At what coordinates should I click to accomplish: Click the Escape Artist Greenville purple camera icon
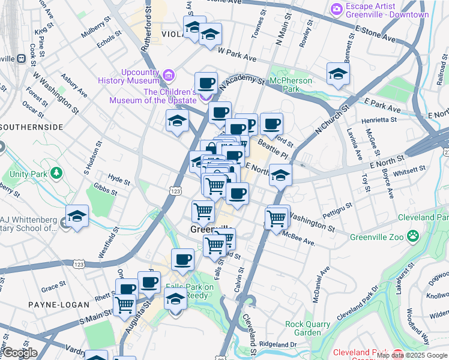[336, 8]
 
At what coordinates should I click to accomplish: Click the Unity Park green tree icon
[56, 174]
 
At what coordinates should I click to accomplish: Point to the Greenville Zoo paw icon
[412, 236]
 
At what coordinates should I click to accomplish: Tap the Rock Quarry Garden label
[307, 328]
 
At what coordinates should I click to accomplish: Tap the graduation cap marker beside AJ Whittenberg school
[77, 215]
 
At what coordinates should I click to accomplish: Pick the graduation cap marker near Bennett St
[338, 74]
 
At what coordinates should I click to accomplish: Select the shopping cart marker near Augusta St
[124, 304]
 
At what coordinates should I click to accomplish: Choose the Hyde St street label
[119, 178]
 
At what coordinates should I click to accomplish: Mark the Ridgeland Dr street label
[277, 344]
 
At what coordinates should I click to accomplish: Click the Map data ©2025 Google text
[411, 355]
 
